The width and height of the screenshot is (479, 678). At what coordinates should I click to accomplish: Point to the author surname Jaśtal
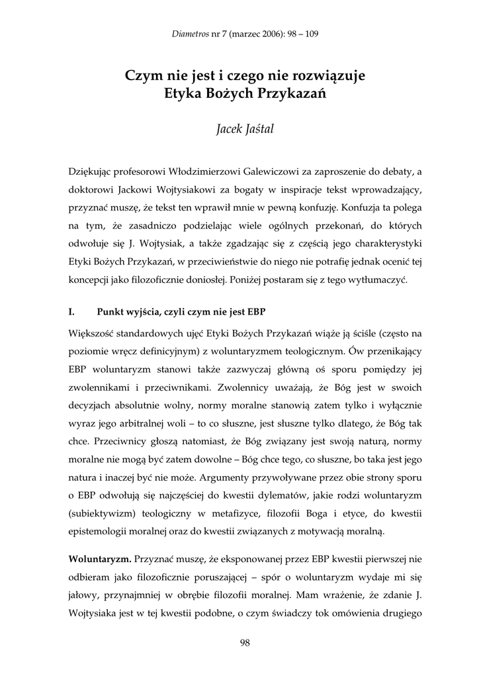[256, 128]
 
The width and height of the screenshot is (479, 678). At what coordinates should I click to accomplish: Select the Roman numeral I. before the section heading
[71, 311]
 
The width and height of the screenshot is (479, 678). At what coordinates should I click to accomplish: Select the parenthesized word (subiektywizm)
[99, 512]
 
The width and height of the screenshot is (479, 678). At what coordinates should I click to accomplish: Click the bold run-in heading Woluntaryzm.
[99, 559]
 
